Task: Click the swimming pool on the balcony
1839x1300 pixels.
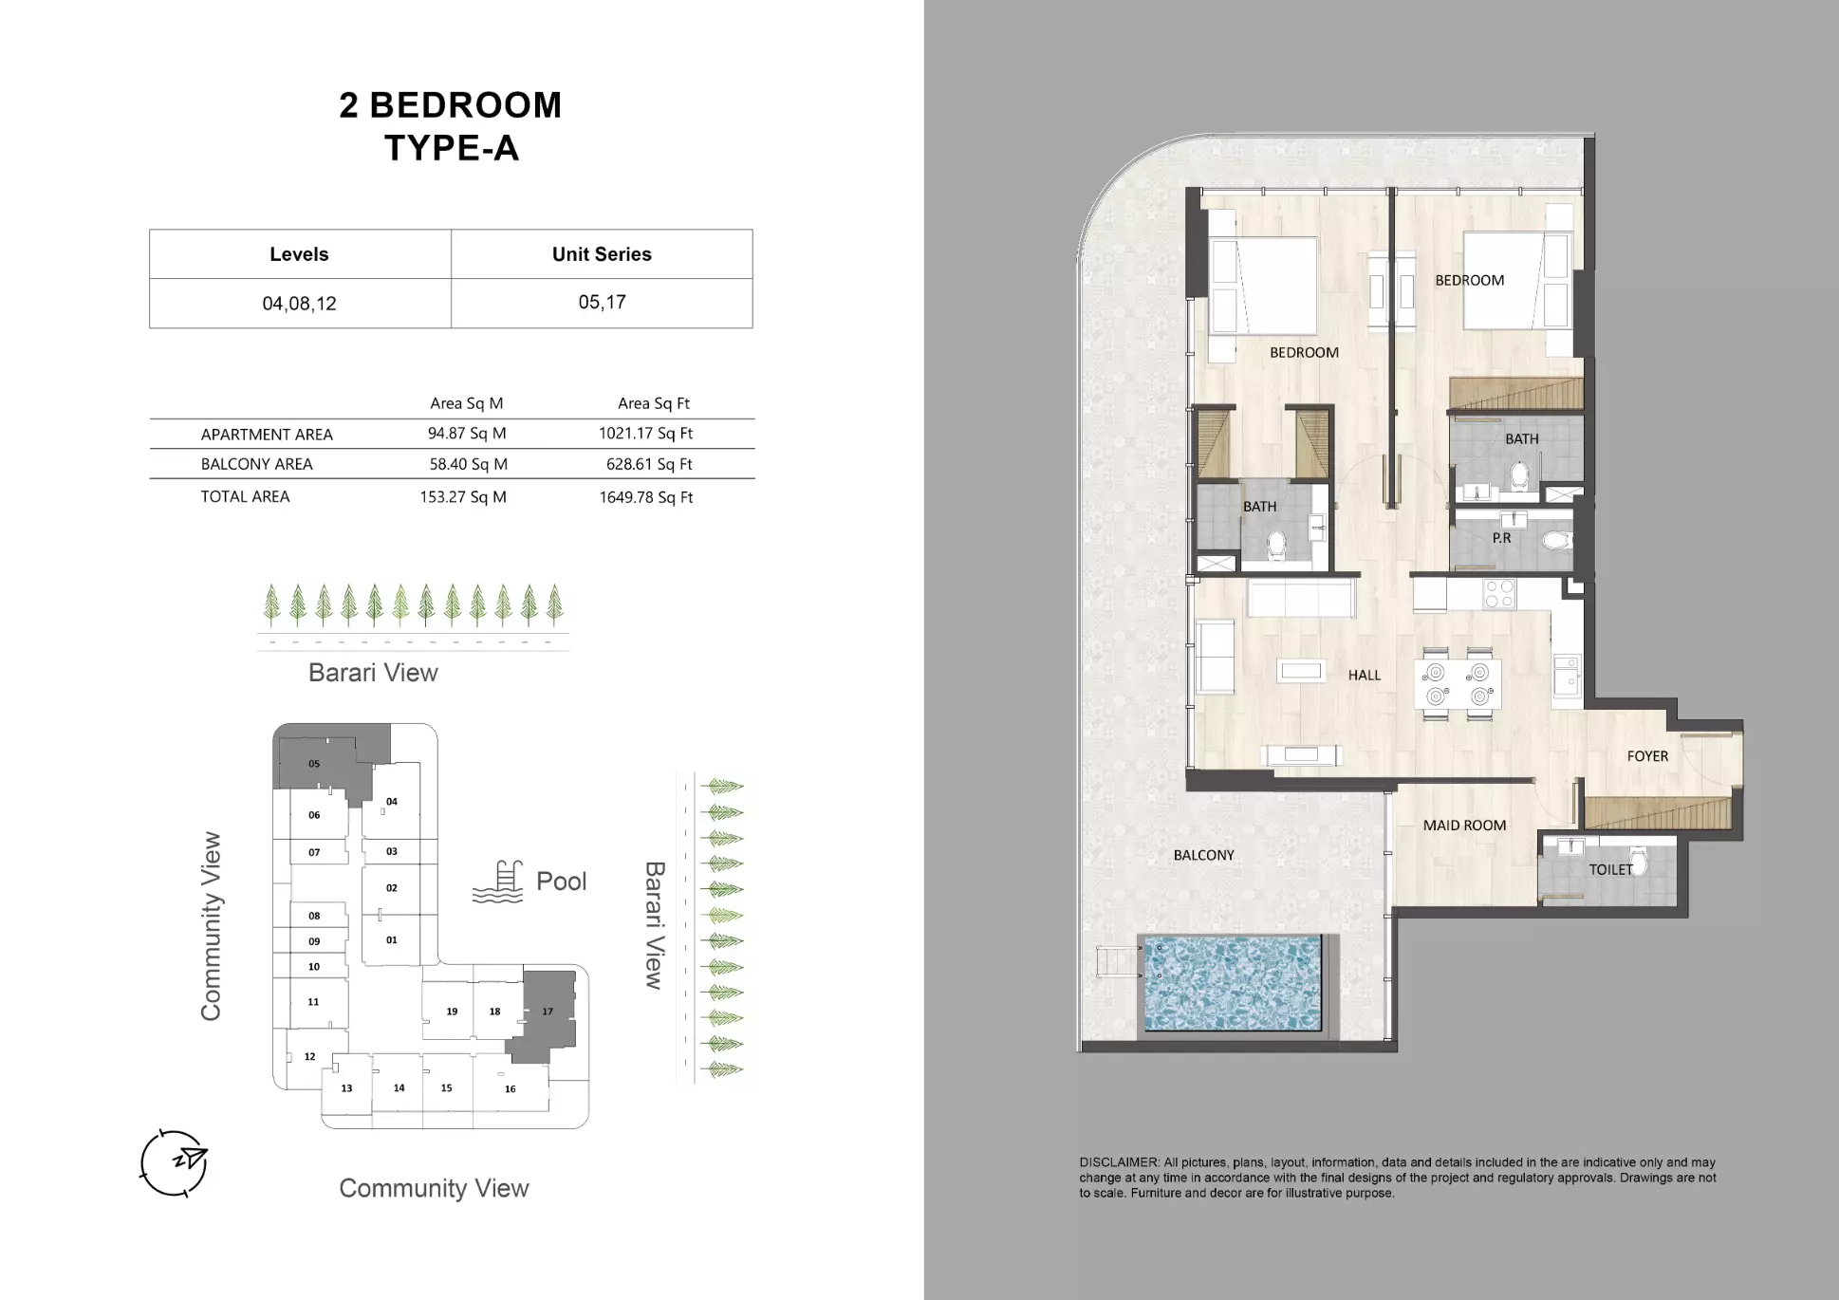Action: click(1233, 983)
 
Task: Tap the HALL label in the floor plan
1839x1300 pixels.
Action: click(1364, 676)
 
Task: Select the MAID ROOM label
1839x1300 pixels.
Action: click(1463, 826)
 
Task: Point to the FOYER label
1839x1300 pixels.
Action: click(1646, 756)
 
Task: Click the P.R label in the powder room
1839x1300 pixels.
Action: click(1501, 538)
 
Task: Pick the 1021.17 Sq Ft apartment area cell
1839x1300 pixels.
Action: click(645, 434)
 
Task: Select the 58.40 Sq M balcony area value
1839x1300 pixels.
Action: click(468, 464)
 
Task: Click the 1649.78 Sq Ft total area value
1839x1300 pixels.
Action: click(645, 497)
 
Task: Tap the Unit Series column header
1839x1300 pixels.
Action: click(602, 254)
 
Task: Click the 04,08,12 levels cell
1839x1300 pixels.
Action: click(299, 304)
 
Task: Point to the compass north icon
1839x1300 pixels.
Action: click(175, 1162)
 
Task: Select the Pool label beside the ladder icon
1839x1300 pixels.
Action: click(561, 882)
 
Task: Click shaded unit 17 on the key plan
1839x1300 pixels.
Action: click(548, 1012)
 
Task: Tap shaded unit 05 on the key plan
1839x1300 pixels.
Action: click(314, 764)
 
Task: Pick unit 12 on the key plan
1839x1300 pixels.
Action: click(309, 1056)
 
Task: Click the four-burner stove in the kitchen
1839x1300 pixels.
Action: click(1499, 594)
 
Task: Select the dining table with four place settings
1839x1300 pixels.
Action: click(1458, 684)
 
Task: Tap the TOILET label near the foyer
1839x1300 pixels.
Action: click(1610, 869)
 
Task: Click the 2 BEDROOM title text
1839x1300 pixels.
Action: click(451, 105)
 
